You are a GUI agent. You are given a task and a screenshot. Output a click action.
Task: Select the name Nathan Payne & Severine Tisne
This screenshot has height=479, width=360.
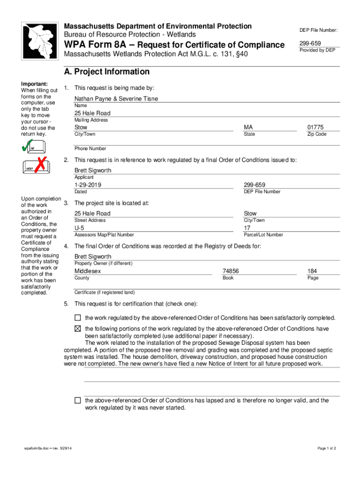pyautogui.click(x=116, y=99)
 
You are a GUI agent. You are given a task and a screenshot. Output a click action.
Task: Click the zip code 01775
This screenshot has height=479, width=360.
pyautogui.click(x=315, y=127)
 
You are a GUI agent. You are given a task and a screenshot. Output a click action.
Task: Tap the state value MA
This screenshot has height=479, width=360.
pyautogui.click(x=249, y=127)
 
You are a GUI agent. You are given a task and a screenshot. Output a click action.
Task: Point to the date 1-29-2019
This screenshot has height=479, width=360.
pyautogui.click(x=88, y=185)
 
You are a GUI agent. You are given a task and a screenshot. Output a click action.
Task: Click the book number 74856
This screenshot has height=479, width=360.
pyautogui.click(x=231, y=271)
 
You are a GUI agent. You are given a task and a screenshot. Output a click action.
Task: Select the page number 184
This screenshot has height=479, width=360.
pyautogui.click(x=313, y=271)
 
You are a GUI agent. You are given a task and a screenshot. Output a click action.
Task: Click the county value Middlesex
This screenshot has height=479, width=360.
pyautogui.click(x=87, y=271)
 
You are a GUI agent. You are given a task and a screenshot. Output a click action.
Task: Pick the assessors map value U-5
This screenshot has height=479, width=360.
pyautogui.click(x=79, y=228)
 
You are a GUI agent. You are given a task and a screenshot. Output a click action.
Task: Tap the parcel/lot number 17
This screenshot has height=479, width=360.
pyautogui.click(x=247, y=228)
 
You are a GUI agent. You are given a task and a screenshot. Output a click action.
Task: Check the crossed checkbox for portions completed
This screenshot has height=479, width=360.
pyautogui.click(x=78, y=329)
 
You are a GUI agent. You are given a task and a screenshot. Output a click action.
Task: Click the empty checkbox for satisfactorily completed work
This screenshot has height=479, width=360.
pyautogui.click(x=78, y=318)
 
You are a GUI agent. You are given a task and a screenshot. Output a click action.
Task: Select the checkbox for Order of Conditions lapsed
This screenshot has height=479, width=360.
pyautogui.click(x=78, y=400)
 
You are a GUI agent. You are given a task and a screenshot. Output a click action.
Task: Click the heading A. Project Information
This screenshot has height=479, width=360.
pyautogui.click(x=107, y=72)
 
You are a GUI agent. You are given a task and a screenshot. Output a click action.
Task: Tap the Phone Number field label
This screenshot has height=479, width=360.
pyautogui.click(x=90, y=149)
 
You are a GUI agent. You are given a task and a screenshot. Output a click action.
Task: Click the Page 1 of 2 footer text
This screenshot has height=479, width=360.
pyautogui.click(x=326, y=449)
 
